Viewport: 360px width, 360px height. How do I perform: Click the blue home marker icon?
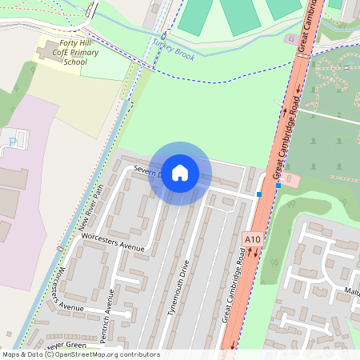point(180,173)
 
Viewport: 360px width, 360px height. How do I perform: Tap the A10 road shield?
point(253,238)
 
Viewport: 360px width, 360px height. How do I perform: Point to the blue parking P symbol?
point(11,142)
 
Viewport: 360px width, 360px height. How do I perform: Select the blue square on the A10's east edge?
point(278,186)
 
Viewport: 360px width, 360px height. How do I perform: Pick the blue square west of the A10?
point(259,194)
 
